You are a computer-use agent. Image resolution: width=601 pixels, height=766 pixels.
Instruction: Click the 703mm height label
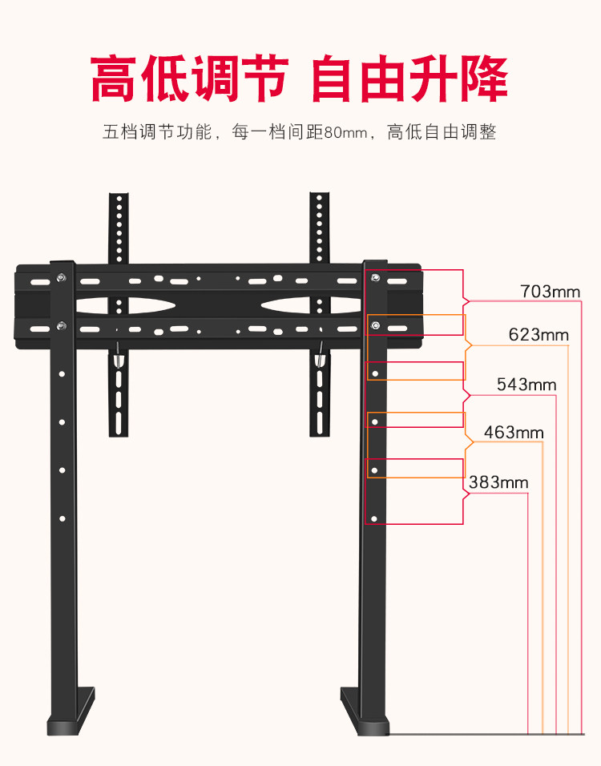coord(550,291)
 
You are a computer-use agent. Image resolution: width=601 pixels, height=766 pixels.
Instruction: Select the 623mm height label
coord(538,335)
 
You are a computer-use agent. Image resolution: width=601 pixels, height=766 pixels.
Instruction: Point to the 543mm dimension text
coord(526,384)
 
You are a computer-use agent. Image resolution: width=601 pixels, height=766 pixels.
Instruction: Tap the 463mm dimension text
coord(514,433)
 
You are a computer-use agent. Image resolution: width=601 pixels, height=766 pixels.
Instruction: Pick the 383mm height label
coord(498,482)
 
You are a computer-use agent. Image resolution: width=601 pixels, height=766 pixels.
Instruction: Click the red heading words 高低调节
coord(189,79)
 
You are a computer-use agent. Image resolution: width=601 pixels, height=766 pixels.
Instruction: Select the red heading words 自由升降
coord(409,79)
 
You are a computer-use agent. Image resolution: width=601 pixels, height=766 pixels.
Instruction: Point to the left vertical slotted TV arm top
coord(119,200)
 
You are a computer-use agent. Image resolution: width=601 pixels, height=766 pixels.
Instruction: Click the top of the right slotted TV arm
coord(320,200)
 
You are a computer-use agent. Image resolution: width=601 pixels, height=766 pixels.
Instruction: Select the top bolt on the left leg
coord(61,278)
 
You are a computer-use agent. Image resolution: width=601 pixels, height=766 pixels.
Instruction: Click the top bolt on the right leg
coord(376,278)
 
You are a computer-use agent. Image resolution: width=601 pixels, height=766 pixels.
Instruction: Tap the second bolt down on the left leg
coord(61,325)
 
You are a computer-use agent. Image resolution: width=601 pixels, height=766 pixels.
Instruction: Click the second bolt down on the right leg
coord(376,325)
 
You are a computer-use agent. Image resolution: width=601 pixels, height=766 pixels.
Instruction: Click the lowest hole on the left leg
coord(62,519)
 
